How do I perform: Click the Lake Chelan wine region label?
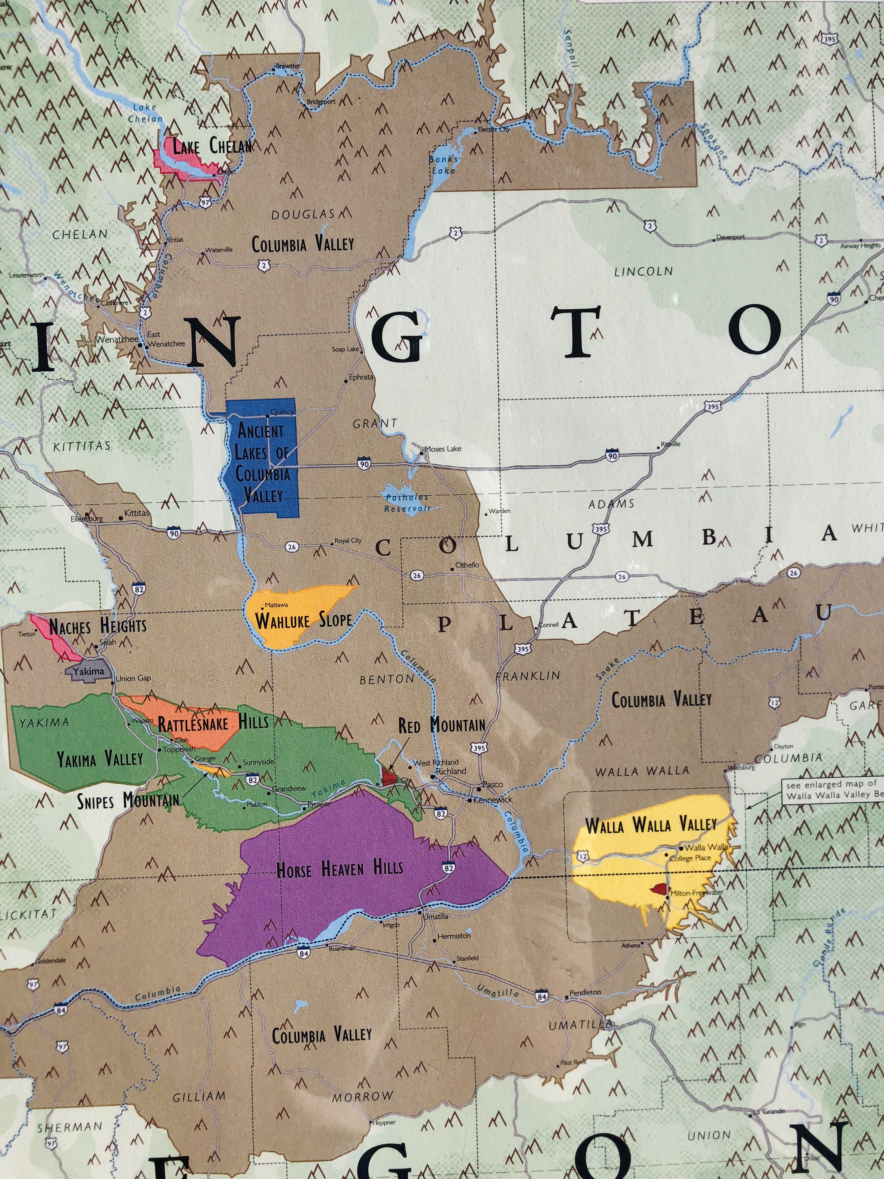click(x=212, y=146)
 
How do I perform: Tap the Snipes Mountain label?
click(x=128, y=801)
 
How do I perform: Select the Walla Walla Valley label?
click(x=651, y=825)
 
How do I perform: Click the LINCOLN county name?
click(x=643, y=271)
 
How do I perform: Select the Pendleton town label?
click(x=585, y=992)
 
